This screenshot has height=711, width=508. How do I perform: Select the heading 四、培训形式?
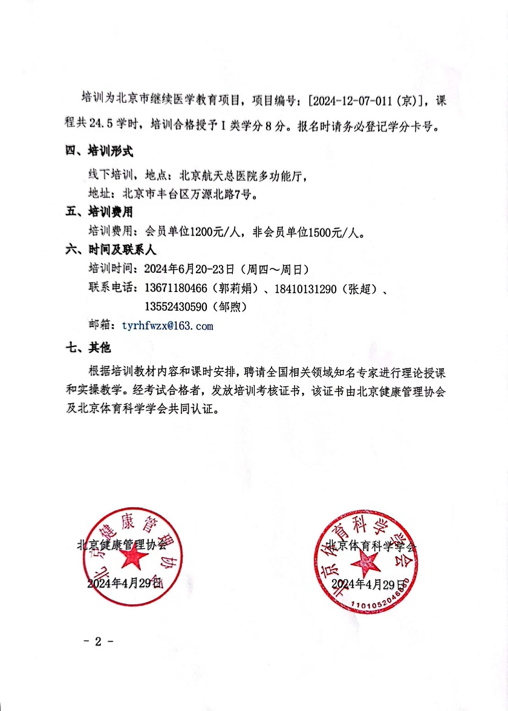(99, 149)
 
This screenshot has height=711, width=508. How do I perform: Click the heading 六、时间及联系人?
(111, 250)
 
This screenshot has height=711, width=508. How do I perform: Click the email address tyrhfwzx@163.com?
(168, 325)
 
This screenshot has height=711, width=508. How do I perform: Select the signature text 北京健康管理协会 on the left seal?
(122, 544)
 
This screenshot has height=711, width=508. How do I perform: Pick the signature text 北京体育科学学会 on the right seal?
(371, 546)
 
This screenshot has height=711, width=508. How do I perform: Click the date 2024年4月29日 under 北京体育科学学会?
(368, 583)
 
